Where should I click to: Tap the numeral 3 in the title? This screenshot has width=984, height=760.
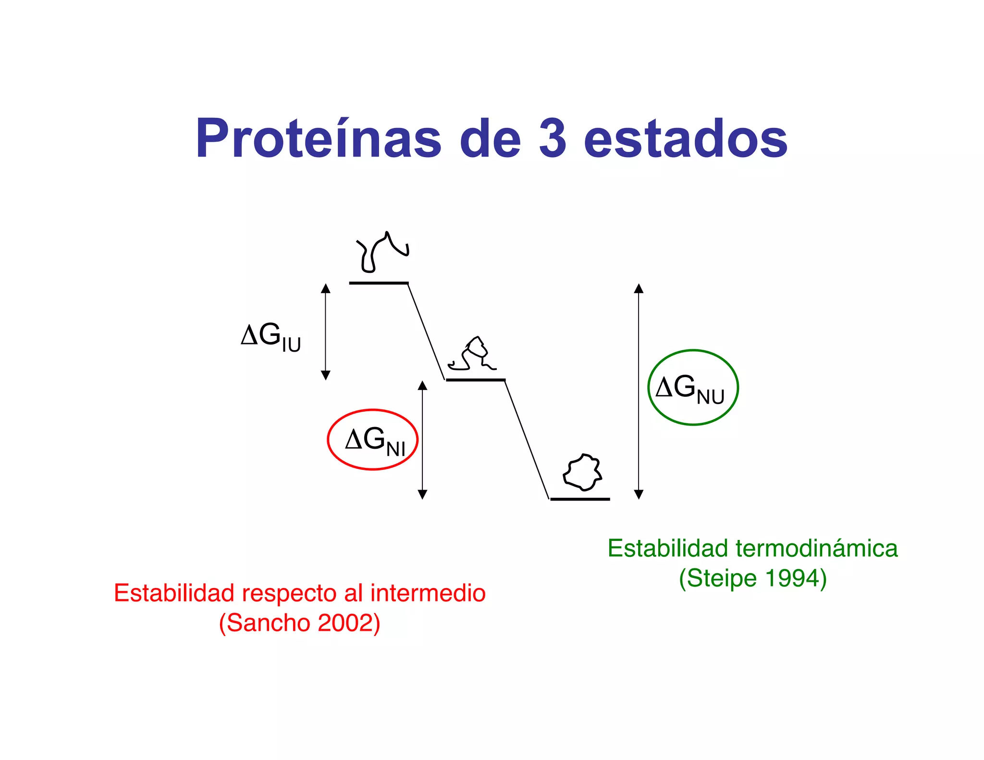[x=553, y=139]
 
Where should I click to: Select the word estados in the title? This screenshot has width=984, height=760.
[x=686, y=139]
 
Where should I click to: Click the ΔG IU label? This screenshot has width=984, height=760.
[x=271, y=337]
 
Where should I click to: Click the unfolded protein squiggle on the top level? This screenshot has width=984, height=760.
[x=381, y=252]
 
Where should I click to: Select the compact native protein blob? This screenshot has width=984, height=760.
[x=582, y=472]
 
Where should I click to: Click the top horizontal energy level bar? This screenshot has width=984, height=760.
[x=379, y=283]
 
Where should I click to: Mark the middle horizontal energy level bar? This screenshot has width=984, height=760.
[x=476, y=380]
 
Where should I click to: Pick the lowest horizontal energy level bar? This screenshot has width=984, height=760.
[x=580, y=499]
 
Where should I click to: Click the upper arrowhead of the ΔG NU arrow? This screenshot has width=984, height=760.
[x=639, y=288]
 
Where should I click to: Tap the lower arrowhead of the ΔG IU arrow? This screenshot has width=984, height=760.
[x=326, y=375]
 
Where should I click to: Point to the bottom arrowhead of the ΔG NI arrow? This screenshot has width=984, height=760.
[x=422, y=494]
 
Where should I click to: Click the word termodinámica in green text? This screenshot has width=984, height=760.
[x=816, y=549]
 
